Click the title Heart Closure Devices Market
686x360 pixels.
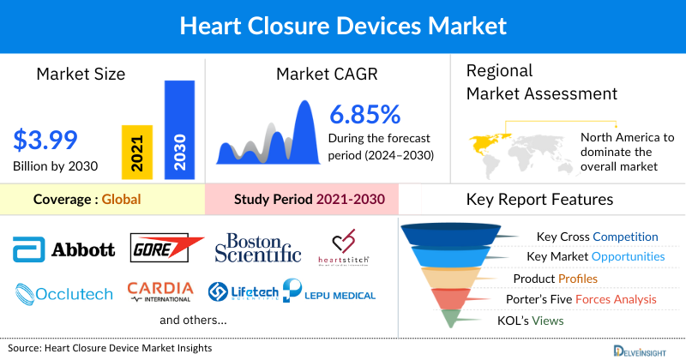(342, 27)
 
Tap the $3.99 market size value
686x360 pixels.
(45, 139)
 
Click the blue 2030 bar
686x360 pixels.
(178, 130)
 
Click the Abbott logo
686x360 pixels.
(64, 249)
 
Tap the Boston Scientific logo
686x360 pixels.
(257, 247)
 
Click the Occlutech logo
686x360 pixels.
(64, 294)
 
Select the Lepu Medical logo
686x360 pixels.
(329, 293)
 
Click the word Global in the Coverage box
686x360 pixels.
(121, 200)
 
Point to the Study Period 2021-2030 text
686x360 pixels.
(309, 200)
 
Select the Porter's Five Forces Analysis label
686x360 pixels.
(583, 299)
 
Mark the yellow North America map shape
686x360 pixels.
(487, 141)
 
